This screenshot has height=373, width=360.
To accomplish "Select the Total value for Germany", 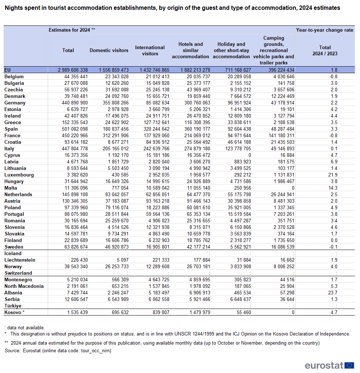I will [73, 103].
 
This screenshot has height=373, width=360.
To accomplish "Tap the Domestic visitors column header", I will [109, 50].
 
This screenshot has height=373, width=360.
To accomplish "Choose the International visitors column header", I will [150, 50].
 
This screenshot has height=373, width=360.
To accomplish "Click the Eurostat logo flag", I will [349, 365].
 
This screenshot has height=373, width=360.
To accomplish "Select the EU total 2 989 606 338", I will [67, 70].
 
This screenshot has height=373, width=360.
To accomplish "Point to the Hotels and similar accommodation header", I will [191, 50].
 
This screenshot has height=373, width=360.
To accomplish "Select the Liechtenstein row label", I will [20, 260].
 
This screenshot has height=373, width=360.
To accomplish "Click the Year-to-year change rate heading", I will [325, 30].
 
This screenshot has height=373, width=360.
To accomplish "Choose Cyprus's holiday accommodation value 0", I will [249, 155].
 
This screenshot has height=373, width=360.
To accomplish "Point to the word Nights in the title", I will [12, 8].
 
